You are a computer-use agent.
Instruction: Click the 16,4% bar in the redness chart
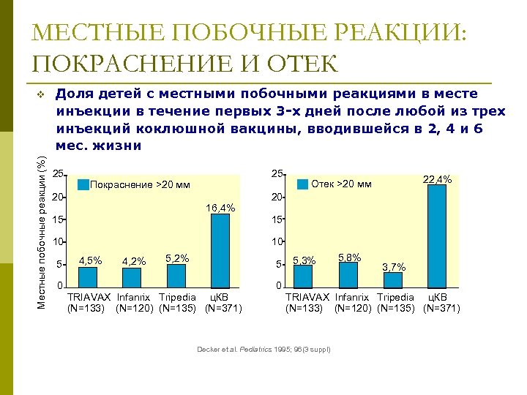(220, 249)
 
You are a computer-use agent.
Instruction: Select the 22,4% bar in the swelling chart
(437, 236)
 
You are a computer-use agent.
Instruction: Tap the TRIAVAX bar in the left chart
(88, 276)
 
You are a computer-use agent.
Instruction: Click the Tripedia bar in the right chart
(393, 279)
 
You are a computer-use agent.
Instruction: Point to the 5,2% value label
(177, 258)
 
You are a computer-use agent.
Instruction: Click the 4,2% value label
(134, 261)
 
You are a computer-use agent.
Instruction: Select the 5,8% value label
(349, 257)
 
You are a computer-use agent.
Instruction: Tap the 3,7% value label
(394, 267)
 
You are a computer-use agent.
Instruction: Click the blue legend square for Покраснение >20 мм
(83, 184)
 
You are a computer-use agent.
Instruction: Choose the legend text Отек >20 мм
(341, 184)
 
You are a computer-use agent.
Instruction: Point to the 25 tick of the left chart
(59, 174)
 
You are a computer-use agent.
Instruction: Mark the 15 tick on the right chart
(277, 219)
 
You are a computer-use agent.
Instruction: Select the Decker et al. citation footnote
(263, 349)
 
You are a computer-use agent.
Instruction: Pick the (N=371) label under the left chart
(223, 308)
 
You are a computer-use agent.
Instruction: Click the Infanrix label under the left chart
(133, 297)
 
